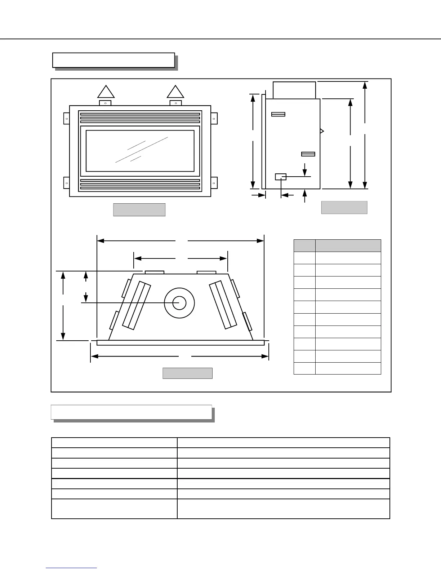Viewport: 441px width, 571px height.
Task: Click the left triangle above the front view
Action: pyautogui.click(x=106, y=93)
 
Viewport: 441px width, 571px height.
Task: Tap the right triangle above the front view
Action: pyautogui.click(x=175, y=93)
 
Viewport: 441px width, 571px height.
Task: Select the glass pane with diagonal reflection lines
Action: pyautogui.click(x=140, y=151)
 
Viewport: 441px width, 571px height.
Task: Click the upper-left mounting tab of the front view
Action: pyautogui.click(x=66, y=119)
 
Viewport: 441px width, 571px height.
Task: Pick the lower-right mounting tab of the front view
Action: pyautogui.click(x=214, y=183)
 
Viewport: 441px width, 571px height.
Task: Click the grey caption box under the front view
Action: pyautogui.click(x=139, y=210)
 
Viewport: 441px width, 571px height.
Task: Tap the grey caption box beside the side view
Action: pyautogui.click(x=344, y=208)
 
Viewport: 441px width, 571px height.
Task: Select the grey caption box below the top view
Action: pyautogui.click(x=187, y=373)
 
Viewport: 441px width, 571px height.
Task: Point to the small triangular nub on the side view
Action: pyautogui.click(x=322, y=131)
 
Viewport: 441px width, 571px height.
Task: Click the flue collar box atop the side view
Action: pyautogui.click(x=294, y=90)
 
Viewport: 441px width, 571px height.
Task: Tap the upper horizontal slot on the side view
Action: pyautogui.click(x=278, y=114)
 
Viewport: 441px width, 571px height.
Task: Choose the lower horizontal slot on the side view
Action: pyautogui.click(x=308, y=154)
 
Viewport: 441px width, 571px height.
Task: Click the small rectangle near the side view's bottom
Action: pyautogui.click(x=280, y=177)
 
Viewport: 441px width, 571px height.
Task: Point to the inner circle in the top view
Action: pyautogui.click(x=179, y=303)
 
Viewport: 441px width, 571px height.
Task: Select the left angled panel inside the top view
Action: pyautogui.click(x=137, y=305)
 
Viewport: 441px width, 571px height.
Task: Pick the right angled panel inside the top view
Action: pyautogui.click(x=223, y=305)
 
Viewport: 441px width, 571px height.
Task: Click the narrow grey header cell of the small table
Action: pyautogui.click(x=304, y=245)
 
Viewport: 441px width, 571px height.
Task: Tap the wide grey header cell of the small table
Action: pyautogui.click(x=348, y=245)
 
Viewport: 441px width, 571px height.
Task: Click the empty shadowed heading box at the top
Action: pyautogui.click(x=113, y=60)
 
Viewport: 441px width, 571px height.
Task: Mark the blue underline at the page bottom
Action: pyautogui.click(x=71, y=568)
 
